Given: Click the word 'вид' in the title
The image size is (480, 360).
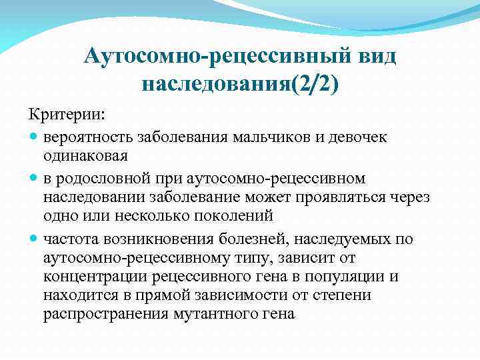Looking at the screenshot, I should coord(373,56).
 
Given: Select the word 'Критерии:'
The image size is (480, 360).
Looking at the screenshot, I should coord(66,115).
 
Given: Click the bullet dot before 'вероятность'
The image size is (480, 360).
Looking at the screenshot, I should coord(34,137).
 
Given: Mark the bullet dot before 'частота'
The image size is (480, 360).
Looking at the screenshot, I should coord(34,239).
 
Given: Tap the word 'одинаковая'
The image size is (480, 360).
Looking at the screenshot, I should coord(85,156).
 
